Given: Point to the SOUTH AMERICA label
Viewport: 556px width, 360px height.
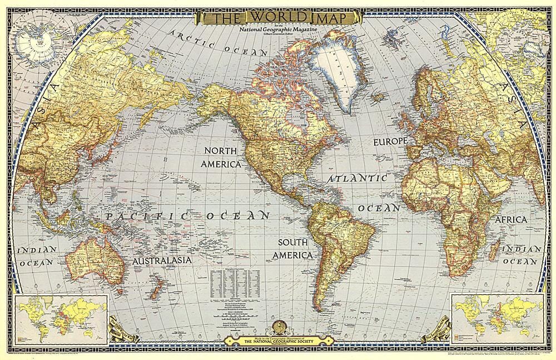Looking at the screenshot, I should tap(295, 249).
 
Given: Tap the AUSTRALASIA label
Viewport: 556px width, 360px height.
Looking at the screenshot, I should tap(162, 260).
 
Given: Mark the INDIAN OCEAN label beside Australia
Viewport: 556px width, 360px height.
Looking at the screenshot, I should tap(37, 255).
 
